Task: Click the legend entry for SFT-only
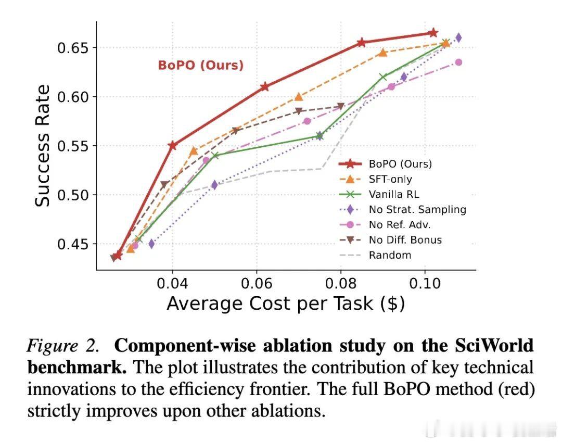click(x=390, y=179)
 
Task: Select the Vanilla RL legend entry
click(x=394, y=194)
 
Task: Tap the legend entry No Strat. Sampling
click(x=417, y=209)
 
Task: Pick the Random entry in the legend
click(x=390, y=255)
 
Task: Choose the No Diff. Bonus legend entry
click(x=405, y=240)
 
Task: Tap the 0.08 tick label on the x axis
click(x=341, y=284)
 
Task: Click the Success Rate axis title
click(x=43, y=146)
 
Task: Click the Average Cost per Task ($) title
click(x=286, y=303)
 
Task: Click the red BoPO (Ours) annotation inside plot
click(x=200, y=66)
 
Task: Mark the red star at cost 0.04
click(x=173, y=145)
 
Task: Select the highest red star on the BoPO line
click(x=433, y=33)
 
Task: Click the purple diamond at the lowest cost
click(x=151, y=244)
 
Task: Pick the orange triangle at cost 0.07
click(x=298, y=97)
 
